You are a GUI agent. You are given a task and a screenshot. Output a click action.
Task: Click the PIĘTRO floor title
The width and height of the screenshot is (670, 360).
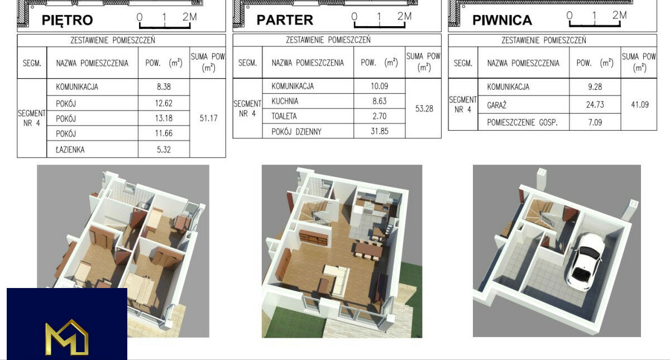pos(68,20)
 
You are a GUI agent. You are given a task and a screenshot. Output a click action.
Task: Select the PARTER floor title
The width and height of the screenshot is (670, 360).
pos(285,20)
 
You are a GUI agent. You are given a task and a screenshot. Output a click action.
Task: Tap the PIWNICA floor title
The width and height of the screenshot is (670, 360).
pos(502,20)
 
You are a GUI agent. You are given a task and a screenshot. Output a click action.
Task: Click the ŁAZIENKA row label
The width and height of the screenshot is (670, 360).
pos(70,150)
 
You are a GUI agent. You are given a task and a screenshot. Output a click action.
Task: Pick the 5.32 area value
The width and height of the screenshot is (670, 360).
pos(164,150)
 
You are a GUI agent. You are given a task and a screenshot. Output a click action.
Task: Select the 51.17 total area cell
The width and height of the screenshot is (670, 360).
pos(208,118)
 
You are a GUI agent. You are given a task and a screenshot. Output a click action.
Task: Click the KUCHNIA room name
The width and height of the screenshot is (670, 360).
pos(285,101)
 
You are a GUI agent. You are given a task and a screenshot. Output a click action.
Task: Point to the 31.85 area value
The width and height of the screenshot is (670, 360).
pos(379,131)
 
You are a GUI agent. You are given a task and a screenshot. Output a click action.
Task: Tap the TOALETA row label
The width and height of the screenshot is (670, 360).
pos(284,116)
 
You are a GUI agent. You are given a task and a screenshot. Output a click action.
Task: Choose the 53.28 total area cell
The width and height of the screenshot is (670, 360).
pos(424,108)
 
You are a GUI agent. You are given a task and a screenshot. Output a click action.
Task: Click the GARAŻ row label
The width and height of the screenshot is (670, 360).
pos(496,105)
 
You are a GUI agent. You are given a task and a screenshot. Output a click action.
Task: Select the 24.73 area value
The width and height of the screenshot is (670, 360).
pos(595,105)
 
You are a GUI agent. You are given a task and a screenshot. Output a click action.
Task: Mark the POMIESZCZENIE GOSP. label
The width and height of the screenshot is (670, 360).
pos(522,122)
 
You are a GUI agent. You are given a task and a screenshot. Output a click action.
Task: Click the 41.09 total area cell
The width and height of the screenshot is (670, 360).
pos(640,105)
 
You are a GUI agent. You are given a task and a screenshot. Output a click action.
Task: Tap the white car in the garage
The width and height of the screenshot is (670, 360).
pos(584,262)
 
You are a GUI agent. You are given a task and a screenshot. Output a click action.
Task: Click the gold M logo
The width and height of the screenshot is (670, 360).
pos(66,338)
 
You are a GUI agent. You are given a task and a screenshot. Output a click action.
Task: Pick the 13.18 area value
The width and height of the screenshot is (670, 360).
pos(164,118)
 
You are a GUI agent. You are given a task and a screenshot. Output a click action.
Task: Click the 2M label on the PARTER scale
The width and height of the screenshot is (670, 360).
pos(404,16)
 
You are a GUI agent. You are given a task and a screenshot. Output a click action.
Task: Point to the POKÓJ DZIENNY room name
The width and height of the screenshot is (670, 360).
pos(296,132)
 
